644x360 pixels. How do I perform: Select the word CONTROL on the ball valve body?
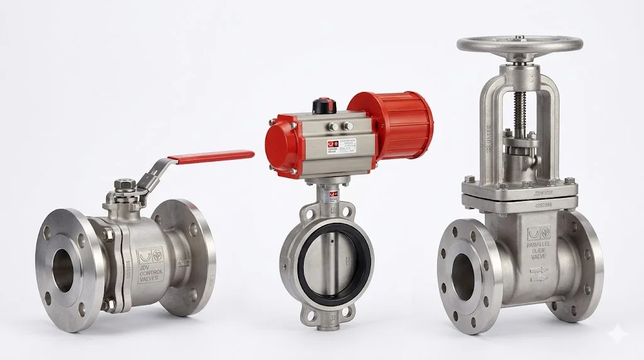pyautogui.click(x=151, y=273)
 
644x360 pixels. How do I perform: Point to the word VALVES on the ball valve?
pyautogui.click(x=151, y=280)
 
